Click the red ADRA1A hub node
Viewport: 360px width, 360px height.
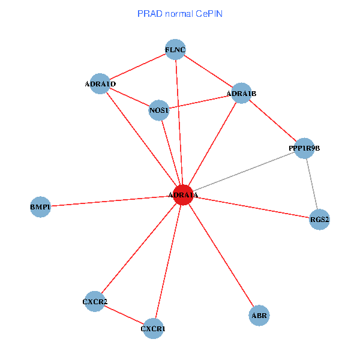183,194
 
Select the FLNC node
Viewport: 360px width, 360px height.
175,49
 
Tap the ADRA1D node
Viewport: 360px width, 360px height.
100,84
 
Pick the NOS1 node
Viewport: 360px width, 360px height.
159,110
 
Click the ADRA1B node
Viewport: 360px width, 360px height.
241,93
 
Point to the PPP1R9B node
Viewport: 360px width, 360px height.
304,148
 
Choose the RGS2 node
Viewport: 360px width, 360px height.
319,220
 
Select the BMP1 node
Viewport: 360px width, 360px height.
40,207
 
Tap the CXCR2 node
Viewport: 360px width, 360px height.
95,301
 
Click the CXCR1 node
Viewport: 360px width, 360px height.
153,329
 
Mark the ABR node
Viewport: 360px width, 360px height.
259,316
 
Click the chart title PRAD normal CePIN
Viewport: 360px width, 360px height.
180,14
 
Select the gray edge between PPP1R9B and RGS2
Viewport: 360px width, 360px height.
312,184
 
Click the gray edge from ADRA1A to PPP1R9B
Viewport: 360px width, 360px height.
244,172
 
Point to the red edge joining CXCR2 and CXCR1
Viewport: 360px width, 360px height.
124,315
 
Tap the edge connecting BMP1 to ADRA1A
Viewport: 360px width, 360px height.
112,201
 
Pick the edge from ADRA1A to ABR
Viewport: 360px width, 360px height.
221,255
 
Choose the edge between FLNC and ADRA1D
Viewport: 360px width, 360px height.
137,67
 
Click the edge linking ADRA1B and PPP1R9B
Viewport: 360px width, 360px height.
273,121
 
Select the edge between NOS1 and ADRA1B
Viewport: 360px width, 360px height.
200,102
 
